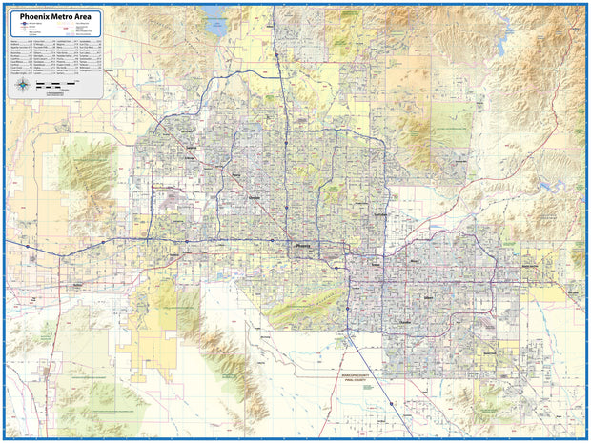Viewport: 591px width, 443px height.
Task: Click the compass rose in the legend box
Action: pos(21,85)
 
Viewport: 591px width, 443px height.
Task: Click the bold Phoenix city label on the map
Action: pos(304,245)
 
